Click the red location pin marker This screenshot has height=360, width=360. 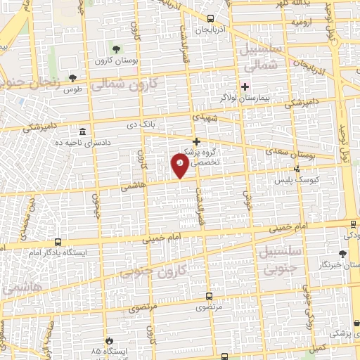(x=180, y=165)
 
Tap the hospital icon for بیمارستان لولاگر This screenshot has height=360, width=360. (x=245, y=86)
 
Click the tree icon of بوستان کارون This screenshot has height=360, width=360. (x=116, y=49)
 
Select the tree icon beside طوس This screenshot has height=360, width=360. (x=72, y=77)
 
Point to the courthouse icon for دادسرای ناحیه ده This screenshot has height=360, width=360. (x=83, y=131)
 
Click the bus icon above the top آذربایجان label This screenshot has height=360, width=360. (x=212, y=19)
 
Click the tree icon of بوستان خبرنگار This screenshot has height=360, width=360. (x=342, y=254)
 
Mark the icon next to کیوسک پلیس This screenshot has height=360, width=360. (x=297, y=169)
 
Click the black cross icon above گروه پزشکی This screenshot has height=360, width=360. (x=197, y=141)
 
